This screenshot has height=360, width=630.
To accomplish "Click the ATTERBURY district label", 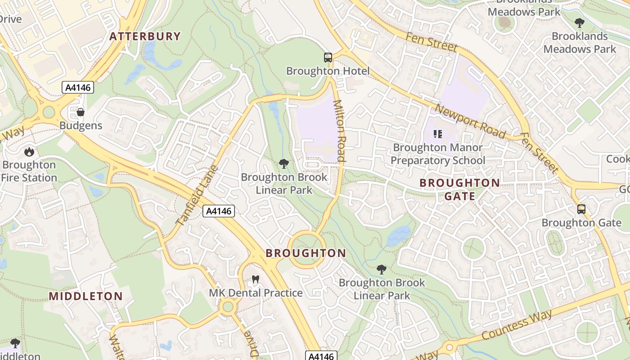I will tap(145, 36).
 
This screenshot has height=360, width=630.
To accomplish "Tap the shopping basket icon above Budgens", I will tap(81, 112).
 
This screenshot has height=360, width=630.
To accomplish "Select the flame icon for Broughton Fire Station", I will tap(29, 152).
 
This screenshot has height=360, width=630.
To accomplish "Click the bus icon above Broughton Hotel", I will tap(328, 58).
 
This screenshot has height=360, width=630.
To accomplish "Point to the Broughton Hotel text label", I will tap(328, 71).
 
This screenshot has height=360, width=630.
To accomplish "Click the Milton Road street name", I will tap(339, 130).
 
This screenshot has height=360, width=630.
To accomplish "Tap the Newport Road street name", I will tap(470, 121).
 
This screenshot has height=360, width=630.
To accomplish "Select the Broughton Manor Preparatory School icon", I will tap(437, 134).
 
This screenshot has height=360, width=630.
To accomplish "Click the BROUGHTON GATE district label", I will tap(459, 189).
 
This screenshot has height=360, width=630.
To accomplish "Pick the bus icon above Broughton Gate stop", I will tap(581, 209).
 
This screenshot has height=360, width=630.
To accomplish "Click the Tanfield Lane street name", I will tap(197, 196).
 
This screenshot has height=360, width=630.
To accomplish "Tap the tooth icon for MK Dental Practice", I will tap(256, 279).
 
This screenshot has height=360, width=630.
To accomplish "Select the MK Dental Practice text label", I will tap(256, 293).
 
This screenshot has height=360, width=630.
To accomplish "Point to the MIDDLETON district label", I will tap(85, 296).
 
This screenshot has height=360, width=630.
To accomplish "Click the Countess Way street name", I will tap(517, 325).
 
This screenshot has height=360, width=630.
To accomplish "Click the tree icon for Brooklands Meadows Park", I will tap(580, 22).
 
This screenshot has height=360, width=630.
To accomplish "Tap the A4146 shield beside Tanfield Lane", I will tap(219, 211).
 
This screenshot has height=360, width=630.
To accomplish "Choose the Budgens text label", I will tap(81, 126).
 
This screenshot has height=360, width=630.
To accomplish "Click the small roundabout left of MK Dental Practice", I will tap(228, 307).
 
